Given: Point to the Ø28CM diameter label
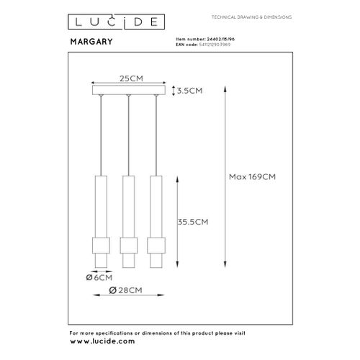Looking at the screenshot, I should [x=127, y=289].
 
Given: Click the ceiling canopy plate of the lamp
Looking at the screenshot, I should [x=128, y=91].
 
